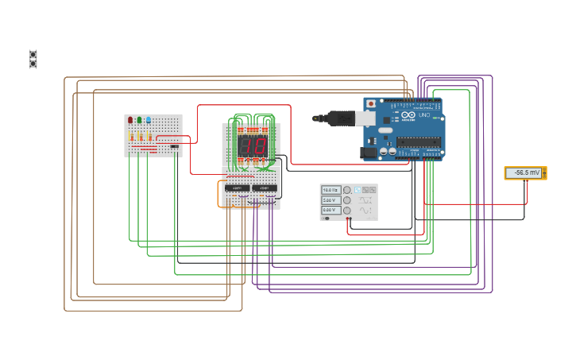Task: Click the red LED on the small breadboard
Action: tap(130, 120)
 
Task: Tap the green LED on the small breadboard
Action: tap(139, 120)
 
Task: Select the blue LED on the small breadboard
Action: tap(148, 120)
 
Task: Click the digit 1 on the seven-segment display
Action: tap(245, 145)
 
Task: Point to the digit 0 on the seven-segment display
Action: tap(259, 145)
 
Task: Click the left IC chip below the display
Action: tap(237, 188)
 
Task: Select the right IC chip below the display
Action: tap(265, 188)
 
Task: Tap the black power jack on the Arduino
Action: tap(368, 153)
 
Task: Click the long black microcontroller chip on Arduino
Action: tap(418, 142)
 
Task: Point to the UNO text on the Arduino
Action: tap(423, 116)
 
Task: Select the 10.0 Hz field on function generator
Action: tap(331, 190)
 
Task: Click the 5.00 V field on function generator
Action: tap(331, 200)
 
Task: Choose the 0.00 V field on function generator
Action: tap(331, 210)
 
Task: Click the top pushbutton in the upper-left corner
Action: tap(33, 54)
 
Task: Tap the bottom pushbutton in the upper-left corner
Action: tap(33, 64)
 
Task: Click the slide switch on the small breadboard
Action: tap(175, 146)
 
